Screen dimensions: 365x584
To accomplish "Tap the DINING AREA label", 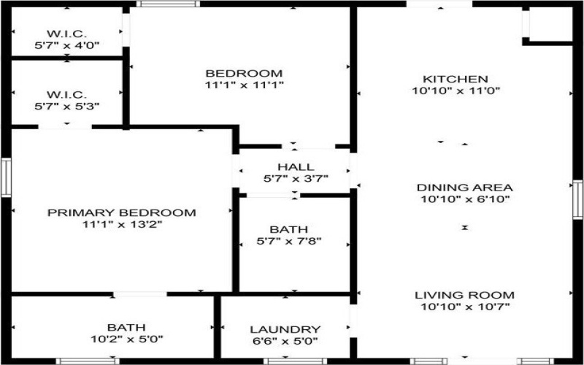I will (465, 187).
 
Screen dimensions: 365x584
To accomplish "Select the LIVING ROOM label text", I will (465, 295).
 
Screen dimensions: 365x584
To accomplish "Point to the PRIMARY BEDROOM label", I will (122, 213).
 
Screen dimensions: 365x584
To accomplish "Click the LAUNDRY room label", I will (285, 329).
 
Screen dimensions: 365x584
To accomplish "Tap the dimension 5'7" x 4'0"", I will (67, 45).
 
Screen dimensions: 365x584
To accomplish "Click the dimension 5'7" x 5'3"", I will (67, 106).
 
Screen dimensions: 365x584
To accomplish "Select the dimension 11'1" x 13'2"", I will (122, 225).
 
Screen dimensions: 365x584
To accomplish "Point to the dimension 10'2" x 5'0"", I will (126, 339).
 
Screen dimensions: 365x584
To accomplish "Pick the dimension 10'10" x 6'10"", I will (465, 199).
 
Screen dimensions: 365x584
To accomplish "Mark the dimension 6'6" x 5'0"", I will (285, 341).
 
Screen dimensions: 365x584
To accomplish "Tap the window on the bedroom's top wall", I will (169, 4).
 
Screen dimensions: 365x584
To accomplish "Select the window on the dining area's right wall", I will (578, 199).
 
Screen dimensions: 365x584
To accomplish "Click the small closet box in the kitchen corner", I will (550, 25).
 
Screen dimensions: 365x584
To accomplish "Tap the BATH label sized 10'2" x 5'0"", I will (126, 327).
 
